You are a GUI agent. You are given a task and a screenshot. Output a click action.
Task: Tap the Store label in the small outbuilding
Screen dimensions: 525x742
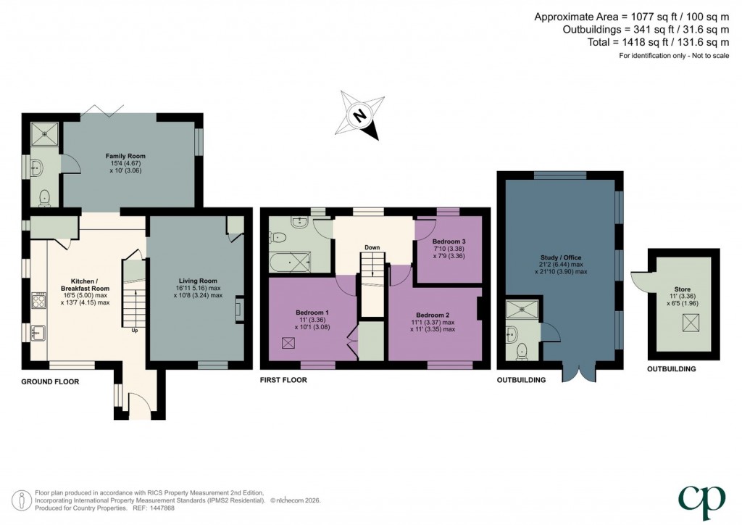click(682, 289)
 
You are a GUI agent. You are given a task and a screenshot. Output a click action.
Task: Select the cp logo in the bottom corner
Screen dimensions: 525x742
click(701, 497)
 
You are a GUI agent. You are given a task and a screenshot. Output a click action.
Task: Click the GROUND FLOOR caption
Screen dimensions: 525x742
click(50, 381)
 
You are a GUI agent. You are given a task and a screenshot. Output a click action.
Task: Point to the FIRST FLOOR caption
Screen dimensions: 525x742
click(283, 380)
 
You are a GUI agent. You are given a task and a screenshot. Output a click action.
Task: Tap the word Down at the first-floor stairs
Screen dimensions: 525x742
click(372, 248)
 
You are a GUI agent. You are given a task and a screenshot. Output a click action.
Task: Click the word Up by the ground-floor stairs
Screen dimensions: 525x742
click(134, 331)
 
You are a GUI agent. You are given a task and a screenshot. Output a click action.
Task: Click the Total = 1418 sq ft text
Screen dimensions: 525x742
click(649, 43)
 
